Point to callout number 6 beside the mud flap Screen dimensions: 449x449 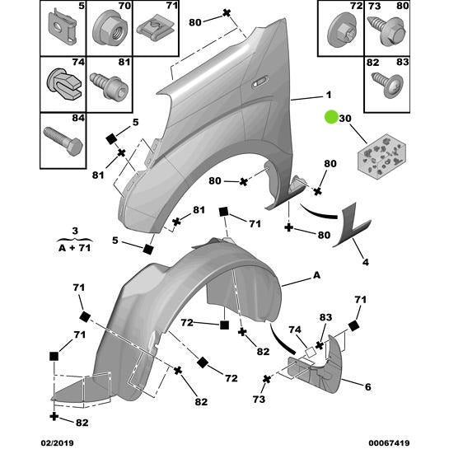pos(367,387)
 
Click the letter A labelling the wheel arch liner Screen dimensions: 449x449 pos(316,278)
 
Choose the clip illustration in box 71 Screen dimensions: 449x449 pos(152,29)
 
